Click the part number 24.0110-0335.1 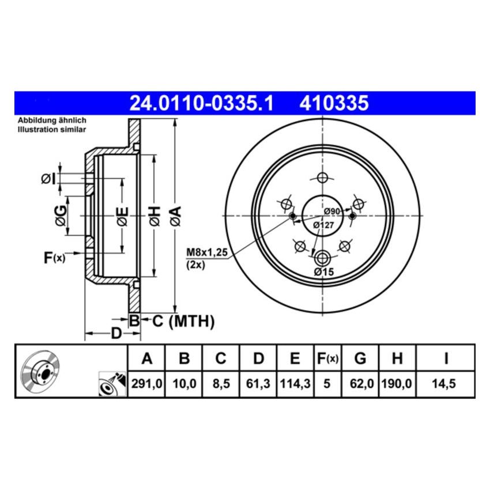click(201, 103)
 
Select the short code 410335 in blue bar click(333, 103)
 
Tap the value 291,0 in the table click(146, 383)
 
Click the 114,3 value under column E click(295, 383)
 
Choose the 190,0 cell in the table click(397, 383)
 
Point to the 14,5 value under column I click(446, 383)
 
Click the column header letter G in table click(360, 359)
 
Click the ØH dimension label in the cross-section click(154, 216)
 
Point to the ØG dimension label click(60, 216)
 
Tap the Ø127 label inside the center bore click(323, 225)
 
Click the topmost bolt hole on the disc click(322, 177)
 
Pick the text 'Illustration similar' click(51, 130)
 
